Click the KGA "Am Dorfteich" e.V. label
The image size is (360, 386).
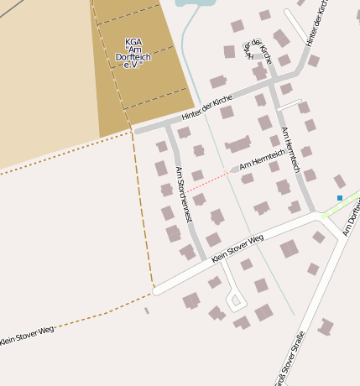133,53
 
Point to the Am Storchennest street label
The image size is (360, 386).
184,194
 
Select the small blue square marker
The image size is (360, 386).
340,198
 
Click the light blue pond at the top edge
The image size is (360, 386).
195,3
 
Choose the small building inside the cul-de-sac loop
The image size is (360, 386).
236,300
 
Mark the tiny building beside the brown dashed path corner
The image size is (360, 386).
147,310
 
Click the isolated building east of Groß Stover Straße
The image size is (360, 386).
326,326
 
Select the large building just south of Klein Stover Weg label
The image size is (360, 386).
290,248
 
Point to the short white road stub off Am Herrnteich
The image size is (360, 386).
290,105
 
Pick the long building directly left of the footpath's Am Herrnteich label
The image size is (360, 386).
238,143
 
